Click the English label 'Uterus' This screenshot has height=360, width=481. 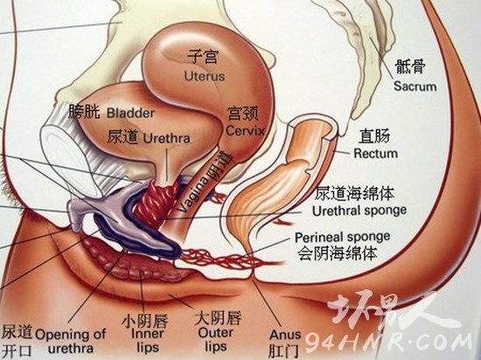205,76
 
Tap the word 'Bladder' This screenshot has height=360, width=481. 130,113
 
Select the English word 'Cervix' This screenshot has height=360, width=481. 245,131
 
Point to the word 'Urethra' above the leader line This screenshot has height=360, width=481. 167,138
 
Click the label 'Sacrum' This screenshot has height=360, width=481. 415,87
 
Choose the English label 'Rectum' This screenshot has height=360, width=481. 376,153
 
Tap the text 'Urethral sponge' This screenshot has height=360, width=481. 359,211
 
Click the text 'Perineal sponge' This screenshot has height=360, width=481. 342,238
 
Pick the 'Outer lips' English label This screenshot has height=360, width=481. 216,340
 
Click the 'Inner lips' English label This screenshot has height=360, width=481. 148,340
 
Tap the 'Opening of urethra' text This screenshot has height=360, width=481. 71,341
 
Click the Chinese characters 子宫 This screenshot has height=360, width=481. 203,58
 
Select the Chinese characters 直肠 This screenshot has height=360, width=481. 374,136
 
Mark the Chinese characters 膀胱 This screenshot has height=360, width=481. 84,112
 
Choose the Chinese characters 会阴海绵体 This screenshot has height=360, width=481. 338,253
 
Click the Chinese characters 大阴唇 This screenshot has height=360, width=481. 218,318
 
